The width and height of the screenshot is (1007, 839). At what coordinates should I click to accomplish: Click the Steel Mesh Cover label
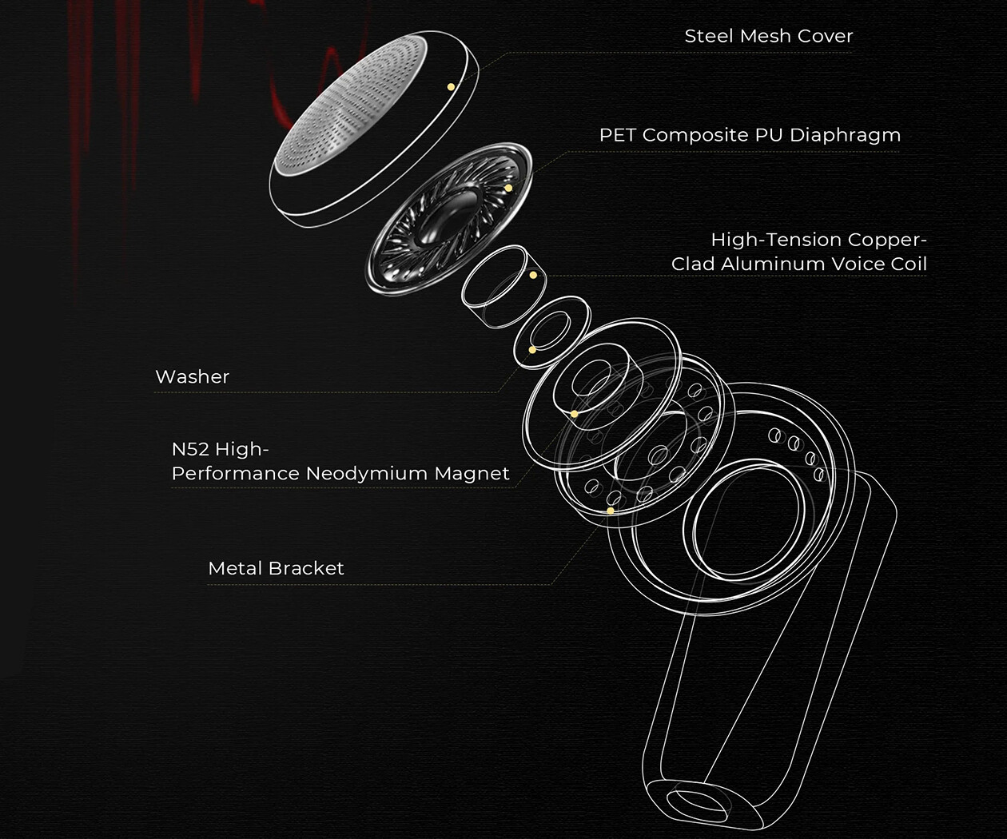click(x=768, y=36)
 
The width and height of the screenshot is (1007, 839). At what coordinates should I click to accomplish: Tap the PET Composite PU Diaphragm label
click(x=750, y=135)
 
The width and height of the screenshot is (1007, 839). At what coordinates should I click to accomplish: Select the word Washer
click(x=192, y=377)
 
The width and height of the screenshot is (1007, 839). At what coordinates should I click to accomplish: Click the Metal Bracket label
click(x=276, y=568)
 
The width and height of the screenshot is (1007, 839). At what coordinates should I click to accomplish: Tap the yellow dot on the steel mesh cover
click(x=451, y=86)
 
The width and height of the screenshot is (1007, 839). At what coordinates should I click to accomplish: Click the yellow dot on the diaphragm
click(x=508, y=189)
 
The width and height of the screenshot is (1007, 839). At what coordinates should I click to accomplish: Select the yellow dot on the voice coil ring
click(x=533, y=276)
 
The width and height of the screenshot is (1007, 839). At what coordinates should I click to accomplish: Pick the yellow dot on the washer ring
click(x=532, y=350)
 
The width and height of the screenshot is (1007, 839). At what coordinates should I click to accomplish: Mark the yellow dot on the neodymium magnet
click(x=574, y=414)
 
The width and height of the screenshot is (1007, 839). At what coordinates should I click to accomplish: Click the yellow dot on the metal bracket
click(x=611, y=511)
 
